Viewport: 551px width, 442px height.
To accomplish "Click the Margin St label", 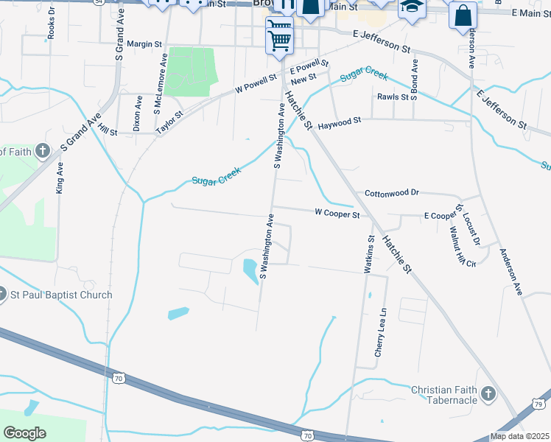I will (144, 44).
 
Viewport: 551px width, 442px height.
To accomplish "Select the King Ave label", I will (60, 178).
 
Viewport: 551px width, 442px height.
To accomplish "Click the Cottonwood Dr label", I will (391, 193).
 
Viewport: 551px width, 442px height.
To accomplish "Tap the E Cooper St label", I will (446, 215).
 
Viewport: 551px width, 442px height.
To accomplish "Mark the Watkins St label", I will (369, 254).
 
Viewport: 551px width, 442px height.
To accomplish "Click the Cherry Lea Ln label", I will (380, 333).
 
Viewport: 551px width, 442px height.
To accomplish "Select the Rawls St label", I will (393, 97).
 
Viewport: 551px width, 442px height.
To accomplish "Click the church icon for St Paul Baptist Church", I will (2, 295).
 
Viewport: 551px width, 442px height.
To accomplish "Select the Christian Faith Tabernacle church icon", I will (488, 395).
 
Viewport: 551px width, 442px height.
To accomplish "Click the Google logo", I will (24, 432).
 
